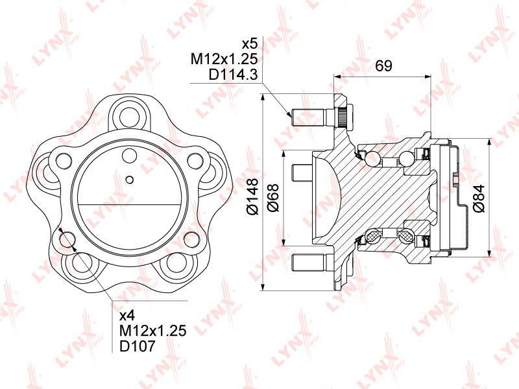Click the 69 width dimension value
coord(383,65)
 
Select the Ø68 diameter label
coord(274,198)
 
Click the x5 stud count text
coord(250,43)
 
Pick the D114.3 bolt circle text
coord(233,75)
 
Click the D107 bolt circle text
coord(137,346)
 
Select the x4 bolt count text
coord(127,316)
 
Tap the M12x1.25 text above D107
coord(153,331)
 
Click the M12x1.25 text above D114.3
coord(224,59)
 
